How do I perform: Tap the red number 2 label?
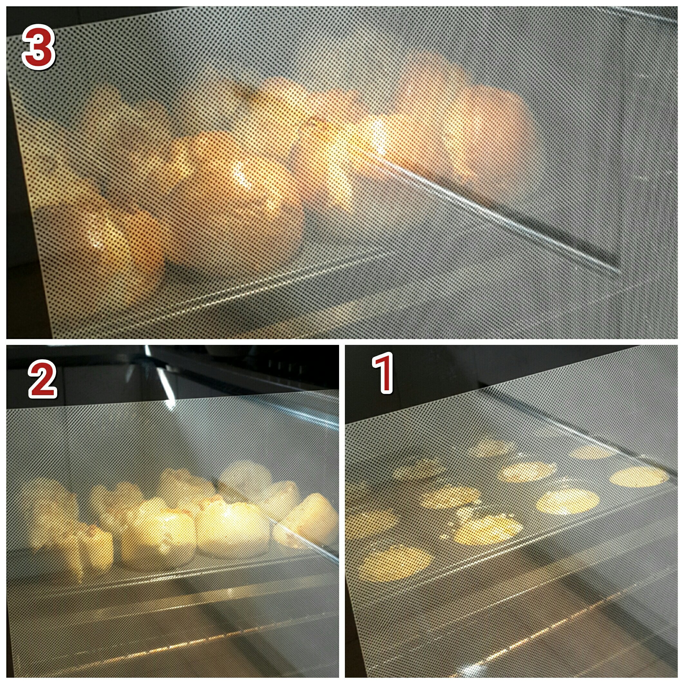pyautogui.click(x=43, y=380)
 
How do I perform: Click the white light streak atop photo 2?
pyautogui.click(x=161, y=379)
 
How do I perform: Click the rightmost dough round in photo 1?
pyautogui.click(x=639, y=476)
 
